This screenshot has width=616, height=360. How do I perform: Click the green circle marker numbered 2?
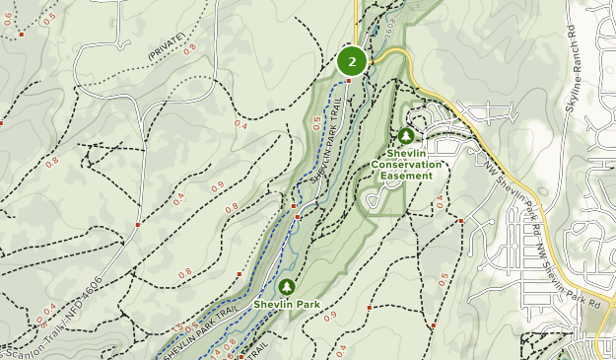(x=352, y=61)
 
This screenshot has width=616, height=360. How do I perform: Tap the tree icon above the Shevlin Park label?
(x=287, y=286)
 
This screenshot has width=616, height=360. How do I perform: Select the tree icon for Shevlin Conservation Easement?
(x=405, y=135)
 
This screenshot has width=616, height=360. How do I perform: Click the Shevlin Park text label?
(x=287, y=304)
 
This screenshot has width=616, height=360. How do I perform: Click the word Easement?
(x=407, y=176)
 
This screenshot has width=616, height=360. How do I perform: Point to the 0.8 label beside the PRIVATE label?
(x=190, y=45)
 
